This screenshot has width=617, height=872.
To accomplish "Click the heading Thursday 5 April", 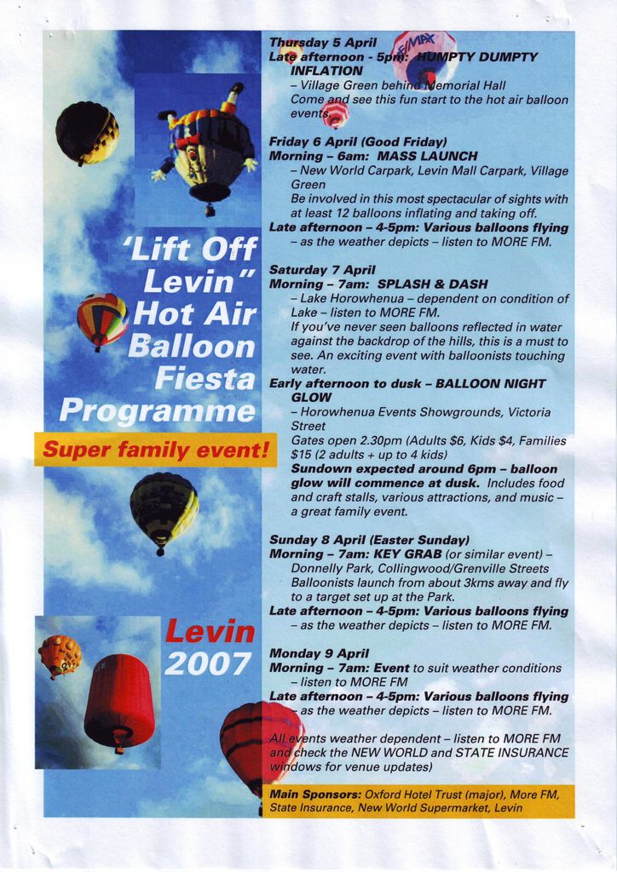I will pos(323,43).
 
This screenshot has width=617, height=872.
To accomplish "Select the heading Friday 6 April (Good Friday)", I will pos(358,141).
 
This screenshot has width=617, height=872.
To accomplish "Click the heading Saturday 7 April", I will pos(322,270).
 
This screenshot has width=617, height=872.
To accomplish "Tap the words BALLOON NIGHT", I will pos(490,383).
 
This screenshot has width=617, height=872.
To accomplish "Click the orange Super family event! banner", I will pos(155,449).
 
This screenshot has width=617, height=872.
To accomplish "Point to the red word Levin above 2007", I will pos(210,632).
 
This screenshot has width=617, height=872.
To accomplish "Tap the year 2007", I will pos(208,663).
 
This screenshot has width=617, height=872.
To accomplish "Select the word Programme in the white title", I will pos(157,410).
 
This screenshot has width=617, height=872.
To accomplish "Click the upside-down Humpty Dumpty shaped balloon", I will pos(205,146).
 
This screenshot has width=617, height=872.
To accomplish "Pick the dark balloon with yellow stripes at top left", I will pos(86,132).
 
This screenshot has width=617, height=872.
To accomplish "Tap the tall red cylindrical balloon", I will pos(119,700).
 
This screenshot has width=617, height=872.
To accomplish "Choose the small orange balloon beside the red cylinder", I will pos(60,655).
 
